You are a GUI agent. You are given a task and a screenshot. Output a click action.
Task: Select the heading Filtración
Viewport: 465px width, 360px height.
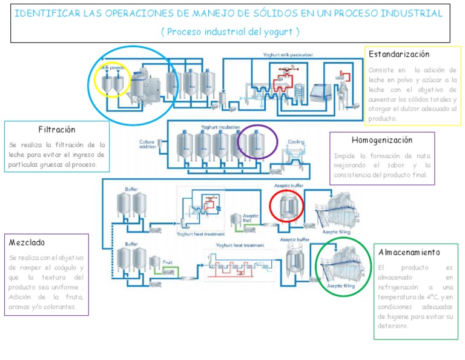click(57, 130)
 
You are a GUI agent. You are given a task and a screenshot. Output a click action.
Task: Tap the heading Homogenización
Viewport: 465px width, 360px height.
click(381, 141)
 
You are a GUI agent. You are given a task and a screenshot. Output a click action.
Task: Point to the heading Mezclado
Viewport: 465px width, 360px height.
click(27, 242)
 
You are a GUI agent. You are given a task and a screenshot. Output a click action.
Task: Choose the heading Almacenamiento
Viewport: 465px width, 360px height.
click(409, 252)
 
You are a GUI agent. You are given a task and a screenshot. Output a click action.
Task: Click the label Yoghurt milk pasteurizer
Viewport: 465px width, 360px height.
click(288, 55)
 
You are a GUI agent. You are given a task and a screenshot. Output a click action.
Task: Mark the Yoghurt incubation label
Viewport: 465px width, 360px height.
click(220, 127)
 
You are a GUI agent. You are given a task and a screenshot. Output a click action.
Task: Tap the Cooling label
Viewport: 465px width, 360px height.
click(296, 141)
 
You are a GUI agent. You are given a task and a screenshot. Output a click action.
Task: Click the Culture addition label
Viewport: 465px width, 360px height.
click(148, 144)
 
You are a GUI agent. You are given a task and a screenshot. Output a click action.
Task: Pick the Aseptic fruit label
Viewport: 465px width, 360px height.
click(251, 218)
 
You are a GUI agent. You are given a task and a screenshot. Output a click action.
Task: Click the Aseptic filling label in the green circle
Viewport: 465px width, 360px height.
click(341, 285)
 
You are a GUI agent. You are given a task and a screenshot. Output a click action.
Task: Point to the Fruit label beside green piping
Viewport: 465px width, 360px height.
click(168, 262)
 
